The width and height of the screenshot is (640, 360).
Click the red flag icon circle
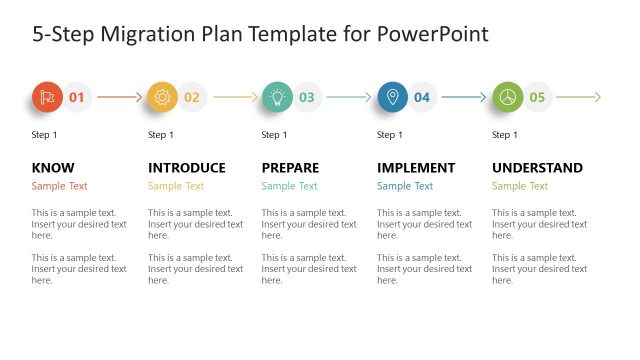pos(46,97)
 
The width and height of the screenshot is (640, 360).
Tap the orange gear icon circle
pos(162,97)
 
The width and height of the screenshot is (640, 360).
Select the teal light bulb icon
pos(277,97)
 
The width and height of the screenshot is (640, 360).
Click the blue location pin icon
pos(392,97)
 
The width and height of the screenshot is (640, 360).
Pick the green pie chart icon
pos(507,97)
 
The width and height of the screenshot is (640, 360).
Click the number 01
pos(77,97)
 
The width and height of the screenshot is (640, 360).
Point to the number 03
pos(307,97)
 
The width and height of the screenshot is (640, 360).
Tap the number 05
pos(538,97)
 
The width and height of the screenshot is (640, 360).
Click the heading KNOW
pos(53,168)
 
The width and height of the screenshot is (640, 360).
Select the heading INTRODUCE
pos(187,168)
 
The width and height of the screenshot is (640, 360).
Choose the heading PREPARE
pos(291,168)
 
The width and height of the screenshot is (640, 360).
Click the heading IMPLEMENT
pos(416,168)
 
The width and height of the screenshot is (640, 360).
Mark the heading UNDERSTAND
pos(538,168)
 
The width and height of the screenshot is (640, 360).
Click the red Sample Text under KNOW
pos(59,186)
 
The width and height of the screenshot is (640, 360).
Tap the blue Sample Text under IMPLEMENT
pos(405,186)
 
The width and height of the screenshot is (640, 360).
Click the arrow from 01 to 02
pos(119,97)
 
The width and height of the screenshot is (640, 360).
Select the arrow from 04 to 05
pos(465,97)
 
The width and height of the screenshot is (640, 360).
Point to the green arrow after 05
pos(579,97)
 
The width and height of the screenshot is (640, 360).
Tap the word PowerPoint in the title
pos(433,34)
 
